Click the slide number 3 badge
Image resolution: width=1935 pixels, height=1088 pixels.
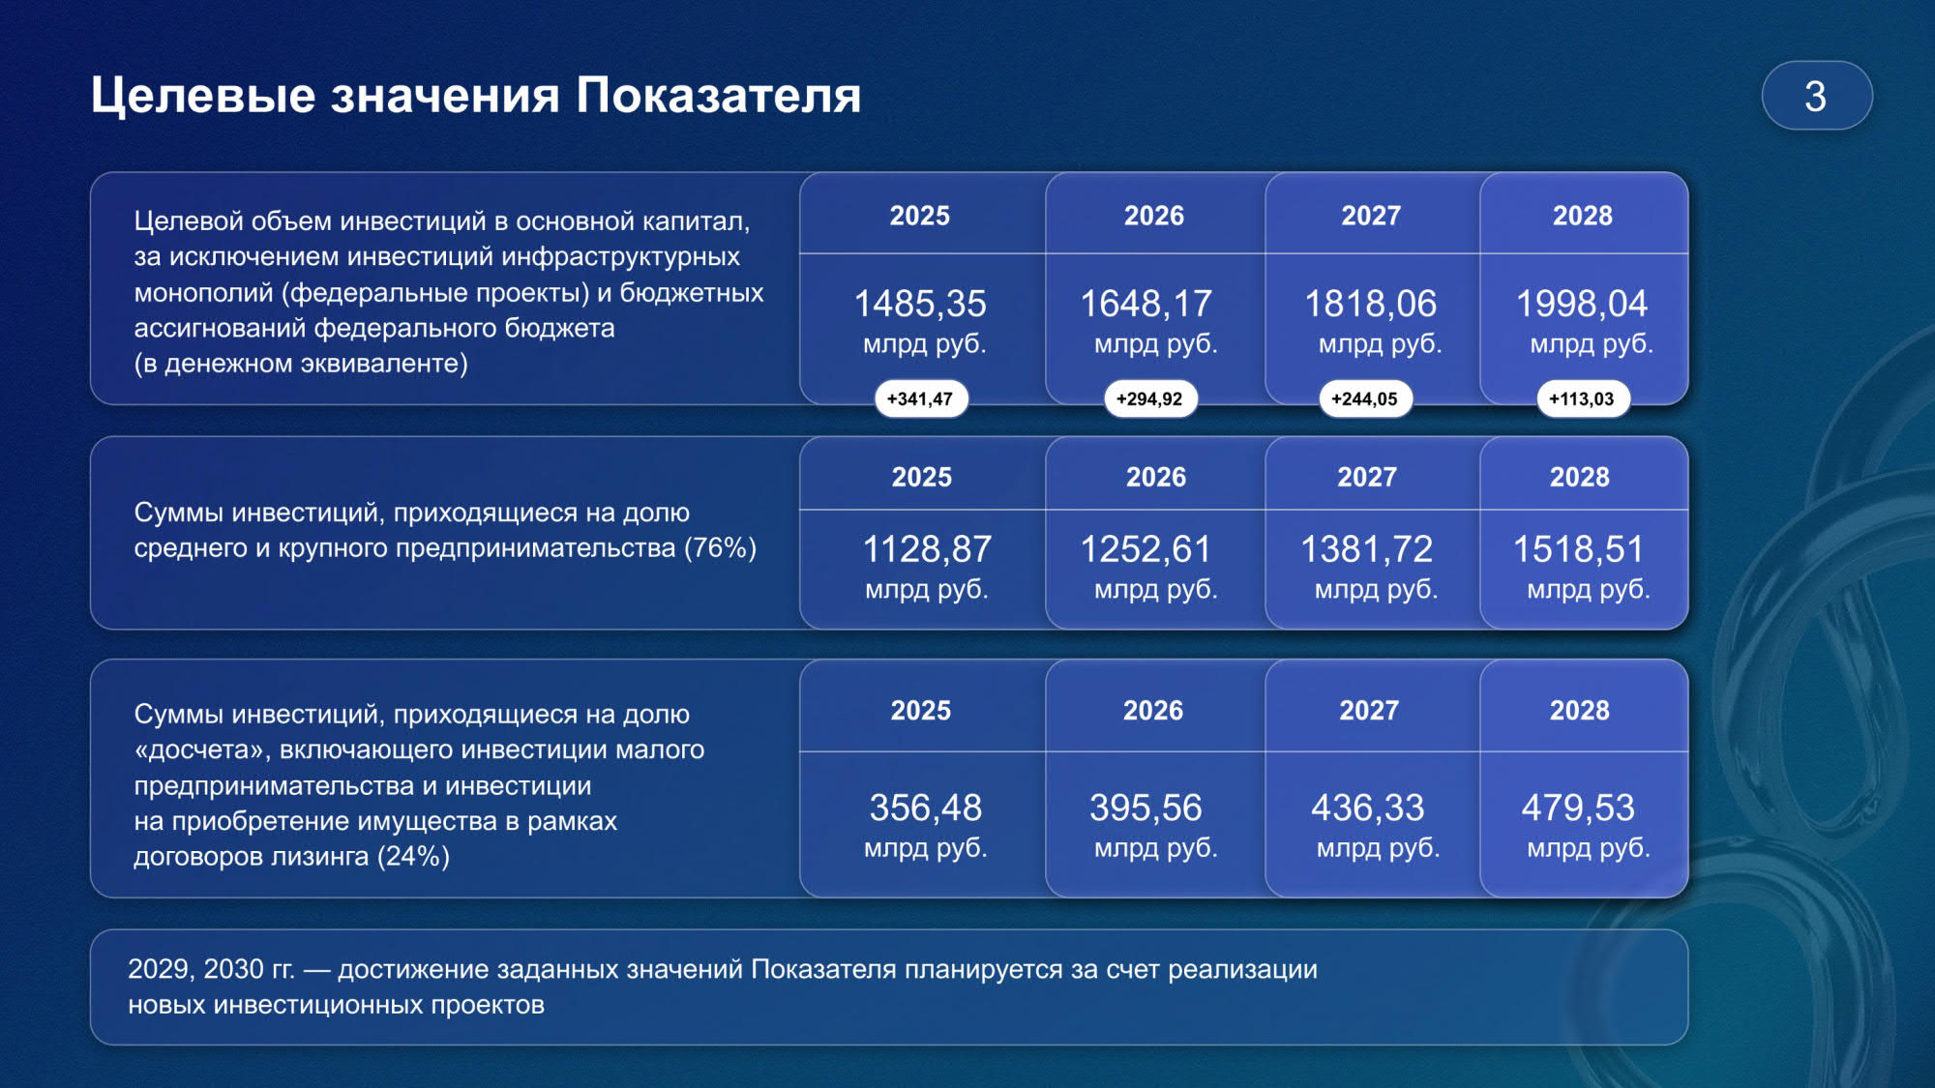pos(1817,96)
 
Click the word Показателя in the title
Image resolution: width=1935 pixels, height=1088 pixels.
pos(718,96)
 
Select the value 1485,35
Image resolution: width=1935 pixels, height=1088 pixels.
pos(920,304)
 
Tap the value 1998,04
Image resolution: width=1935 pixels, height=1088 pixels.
pos(1582,304)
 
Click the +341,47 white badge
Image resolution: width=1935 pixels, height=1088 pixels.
pos(921,398)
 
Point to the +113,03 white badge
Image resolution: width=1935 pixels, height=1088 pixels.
pos(1583,398)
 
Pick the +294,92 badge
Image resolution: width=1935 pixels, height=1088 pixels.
pos(1150,398)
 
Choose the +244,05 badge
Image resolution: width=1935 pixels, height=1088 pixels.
pos(1365,398)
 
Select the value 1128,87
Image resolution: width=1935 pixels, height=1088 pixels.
pos(927,549)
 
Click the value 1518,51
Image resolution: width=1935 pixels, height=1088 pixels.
pos(1579,549)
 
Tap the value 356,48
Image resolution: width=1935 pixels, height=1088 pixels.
pos(926,808)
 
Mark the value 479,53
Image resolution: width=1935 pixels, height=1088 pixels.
pos(1579,808)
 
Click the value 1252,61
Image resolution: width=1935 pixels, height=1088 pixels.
pos(1146,549)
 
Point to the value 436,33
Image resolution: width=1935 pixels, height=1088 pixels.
pos(1368,808)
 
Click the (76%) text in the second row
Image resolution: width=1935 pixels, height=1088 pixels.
pos(721,548)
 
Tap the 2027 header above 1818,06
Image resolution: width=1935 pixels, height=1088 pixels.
pos(1371,216)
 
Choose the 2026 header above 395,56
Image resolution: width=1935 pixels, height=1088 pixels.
pos(1153,711)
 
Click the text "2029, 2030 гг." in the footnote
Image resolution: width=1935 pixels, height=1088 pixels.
pos(211,969)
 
